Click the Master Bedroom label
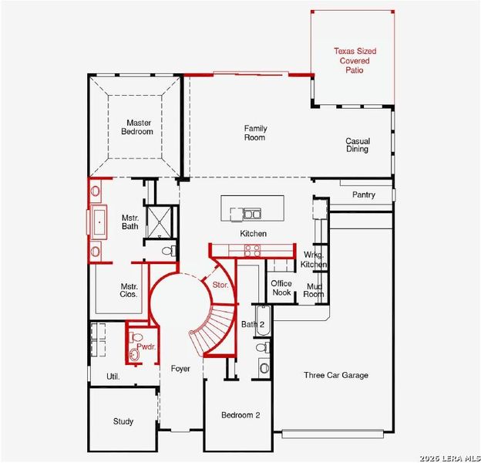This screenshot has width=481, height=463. (x=140, y=127)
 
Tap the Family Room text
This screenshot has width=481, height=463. (x=255, y=133)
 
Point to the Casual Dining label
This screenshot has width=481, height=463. (x=358, y=145)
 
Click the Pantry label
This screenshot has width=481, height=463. (x=364, y=195)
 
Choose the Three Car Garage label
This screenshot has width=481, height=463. (x=335, y=375)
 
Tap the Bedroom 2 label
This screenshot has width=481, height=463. (x=240, y=415)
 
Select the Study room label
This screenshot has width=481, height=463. (x=123, y=421)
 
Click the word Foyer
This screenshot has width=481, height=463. (x=180, y=369)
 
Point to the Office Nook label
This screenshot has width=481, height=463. (x=281, y=288)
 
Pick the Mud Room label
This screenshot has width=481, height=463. (x=314, y=290)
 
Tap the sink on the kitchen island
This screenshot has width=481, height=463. (x=251, y=213)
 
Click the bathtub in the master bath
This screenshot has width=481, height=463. (x=98, y=221)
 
